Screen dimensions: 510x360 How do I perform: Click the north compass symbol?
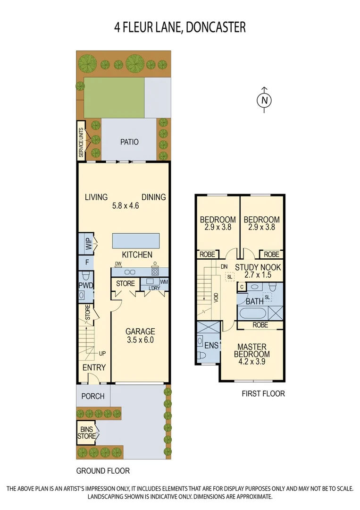pos(265,100)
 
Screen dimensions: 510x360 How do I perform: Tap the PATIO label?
pos(129,142)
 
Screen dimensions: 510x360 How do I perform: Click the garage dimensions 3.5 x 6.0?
pos(140,340)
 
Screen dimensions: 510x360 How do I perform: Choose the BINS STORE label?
pos(87,433)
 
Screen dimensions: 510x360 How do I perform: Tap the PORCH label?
pos(93,396)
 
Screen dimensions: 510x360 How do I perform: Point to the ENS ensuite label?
pos(212,346)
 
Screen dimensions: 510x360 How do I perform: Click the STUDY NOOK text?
pos(258,267)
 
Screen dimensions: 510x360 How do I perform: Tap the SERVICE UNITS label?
pos(81,142)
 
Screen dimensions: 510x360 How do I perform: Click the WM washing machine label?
pos(164,282)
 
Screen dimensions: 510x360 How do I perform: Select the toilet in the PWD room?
pos(86,276)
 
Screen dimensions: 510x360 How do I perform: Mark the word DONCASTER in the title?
pos(216,27)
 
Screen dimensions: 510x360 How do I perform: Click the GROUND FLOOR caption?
pos(103,471)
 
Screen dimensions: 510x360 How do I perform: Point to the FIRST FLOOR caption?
pos(263,393)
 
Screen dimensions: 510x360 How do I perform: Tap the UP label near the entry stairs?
pos(102,353)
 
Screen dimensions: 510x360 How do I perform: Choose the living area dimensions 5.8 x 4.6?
pos(125,206)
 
